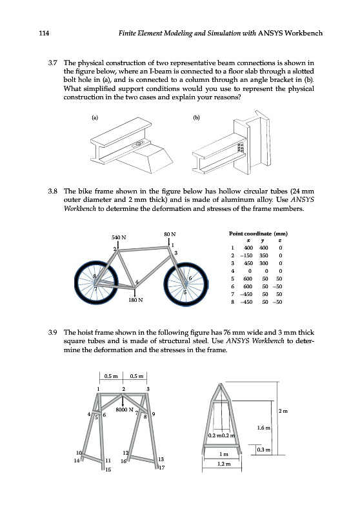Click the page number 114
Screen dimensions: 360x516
[44, 34]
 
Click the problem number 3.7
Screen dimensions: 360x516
[53, 63]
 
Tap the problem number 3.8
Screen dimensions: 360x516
[53, 191]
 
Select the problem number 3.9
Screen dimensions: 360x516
[53, 332]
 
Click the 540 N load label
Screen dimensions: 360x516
[119, 237]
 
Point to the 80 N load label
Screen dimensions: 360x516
[170, 234]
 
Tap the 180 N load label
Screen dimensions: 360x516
[135, 300]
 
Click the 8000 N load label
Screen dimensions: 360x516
[125, 410]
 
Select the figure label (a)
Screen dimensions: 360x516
[95, 117]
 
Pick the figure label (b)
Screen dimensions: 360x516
[197, 117]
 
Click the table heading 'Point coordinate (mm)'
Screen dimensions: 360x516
[258, 233]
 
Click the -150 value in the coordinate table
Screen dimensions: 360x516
[248, 255]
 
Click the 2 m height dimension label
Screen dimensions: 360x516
[283, 411]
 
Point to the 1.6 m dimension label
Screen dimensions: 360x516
[264, 428]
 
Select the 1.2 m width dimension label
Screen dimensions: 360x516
[224, 464]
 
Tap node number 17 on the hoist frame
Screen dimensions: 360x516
[161, 468]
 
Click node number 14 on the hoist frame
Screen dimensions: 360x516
[77, 461]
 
